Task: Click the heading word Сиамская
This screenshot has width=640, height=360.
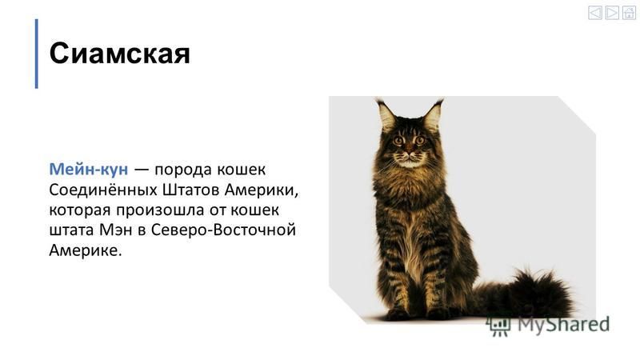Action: pos(119,54)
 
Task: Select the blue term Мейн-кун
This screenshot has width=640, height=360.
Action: pos(89,169)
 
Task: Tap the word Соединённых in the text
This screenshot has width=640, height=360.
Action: pos(103,190)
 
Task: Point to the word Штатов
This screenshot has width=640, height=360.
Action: pos(191,190)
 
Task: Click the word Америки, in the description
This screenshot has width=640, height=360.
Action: pos(262,190)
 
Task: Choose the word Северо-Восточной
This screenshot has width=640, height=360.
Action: pos(223,230)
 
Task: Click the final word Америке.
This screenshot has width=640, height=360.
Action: pos(86,250)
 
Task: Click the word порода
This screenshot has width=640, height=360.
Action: pos(183,170)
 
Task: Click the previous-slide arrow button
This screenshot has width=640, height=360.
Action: pos(594,13)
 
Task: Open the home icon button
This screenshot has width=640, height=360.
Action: pos(629,13)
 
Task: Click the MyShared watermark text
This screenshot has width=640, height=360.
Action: pos(564,325)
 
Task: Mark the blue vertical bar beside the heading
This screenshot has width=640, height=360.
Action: pos(37,54)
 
